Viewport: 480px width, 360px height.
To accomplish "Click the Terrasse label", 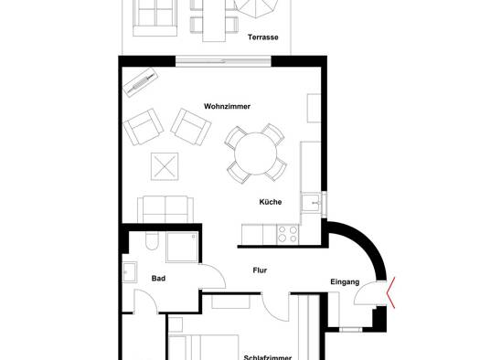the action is [x=263, y=37].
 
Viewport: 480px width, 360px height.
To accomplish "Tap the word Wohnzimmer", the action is [x=227, y=106].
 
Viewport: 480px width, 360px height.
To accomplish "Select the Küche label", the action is [x=271, y=202].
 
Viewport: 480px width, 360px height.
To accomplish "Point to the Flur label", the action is [x=260, y=270].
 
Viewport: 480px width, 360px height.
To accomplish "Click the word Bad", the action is [x=158, y=279].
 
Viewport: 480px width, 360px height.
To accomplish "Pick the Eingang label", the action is [x=345, y=282].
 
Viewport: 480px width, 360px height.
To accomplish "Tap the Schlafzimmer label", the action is [x=268, y=357].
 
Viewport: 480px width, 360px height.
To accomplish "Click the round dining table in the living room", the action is [x=256, y=154].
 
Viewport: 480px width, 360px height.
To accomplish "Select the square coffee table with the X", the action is [x=165, y=166].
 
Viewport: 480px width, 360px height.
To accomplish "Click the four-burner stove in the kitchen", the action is [x=288, y=234].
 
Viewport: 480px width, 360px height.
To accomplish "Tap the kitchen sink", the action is [x=311, y=202].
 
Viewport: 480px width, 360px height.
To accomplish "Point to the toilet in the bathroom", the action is [x=152, y=240].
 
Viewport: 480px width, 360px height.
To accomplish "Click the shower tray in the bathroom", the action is [x=182, y=247].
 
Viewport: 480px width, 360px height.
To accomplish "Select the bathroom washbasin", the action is [x=130, y=272].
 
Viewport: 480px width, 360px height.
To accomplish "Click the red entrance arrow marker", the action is [x=391, y=292].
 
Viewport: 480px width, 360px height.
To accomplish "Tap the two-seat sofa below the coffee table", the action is [x=165, y=209].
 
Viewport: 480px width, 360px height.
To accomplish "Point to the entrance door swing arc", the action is [x=360, y=288].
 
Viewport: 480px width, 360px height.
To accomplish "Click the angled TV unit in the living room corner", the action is [x=141, y=82].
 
